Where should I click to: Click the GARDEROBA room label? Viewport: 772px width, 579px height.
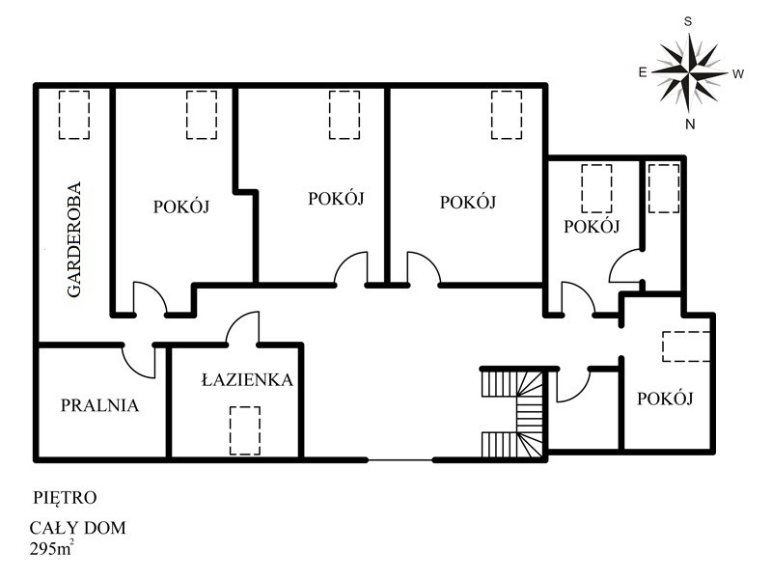(x=74, y=239)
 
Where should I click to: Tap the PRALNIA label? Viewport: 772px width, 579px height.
(x=99, y=405)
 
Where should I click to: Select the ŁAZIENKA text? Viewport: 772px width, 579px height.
(x=247, y=379)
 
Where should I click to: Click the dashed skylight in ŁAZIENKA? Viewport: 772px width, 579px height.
(x=245, y=430)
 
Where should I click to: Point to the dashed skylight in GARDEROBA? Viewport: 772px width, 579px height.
(x=74, y=115)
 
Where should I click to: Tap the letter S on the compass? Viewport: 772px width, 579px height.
(x=688, y=21)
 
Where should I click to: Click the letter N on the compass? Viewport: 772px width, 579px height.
(x=690, y=124)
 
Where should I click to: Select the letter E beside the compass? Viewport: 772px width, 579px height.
(x=642, y=72)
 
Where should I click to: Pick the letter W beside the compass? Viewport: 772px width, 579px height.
(x=737, y=74)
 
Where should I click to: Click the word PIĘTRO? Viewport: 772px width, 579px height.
(x=65, y=497)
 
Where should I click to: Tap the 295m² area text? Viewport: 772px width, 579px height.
(x=52, y=547)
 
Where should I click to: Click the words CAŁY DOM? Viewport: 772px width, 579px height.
(x=78, y=528)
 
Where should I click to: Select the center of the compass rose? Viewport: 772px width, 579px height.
(x=690, y=72)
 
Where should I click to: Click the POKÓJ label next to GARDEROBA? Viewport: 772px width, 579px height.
(x=181, y=207)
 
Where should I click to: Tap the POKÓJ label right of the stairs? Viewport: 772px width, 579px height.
(x=665, y=399)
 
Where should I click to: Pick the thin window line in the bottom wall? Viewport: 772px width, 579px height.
(x=400, y=460)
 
